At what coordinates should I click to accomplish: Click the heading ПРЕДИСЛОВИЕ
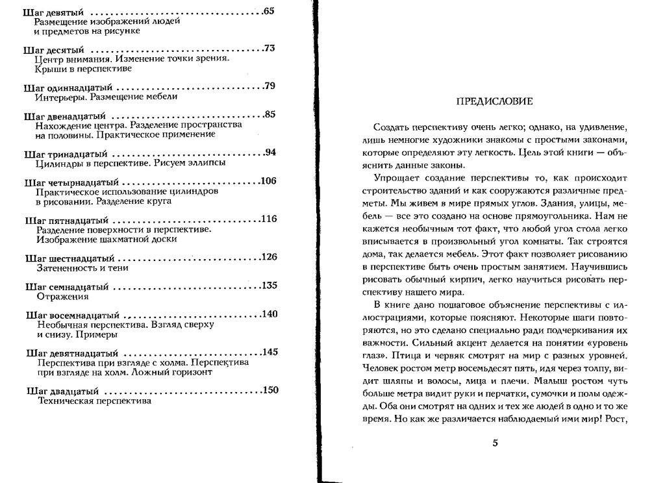click(x=495, y=101)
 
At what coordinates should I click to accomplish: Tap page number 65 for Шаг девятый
click(x=270, y=12)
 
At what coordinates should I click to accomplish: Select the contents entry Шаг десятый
click(x=56, y=49)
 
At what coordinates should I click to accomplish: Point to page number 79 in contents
click(x=270, y=86)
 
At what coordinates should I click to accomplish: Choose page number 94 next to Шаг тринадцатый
click(x=270, y=153)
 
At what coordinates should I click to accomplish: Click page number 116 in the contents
click(x=268, y=219)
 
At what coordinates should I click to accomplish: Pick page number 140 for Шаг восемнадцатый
click(x=268, y=314)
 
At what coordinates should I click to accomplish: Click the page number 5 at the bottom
click(x=495, y=443)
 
